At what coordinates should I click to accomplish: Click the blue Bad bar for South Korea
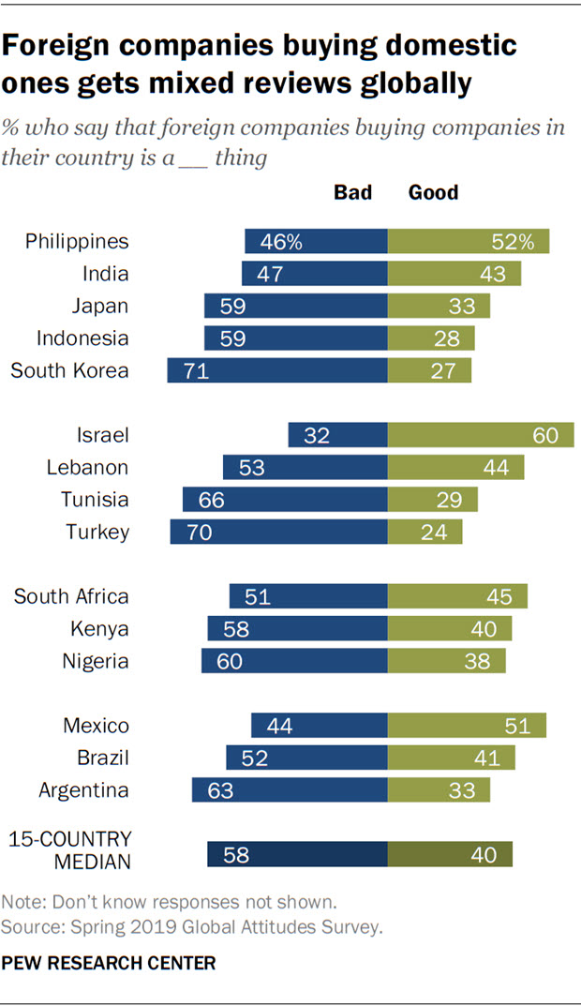click(x=277, y=369)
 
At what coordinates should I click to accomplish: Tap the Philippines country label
click(x=77, y=242)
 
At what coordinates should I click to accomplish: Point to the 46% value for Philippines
click(x=282, y=242)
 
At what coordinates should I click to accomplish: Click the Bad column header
click(x=353, y=192)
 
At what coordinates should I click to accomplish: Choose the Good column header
click(x=434, y=192)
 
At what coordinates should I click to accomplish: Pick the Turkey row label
click(x=97, y=532)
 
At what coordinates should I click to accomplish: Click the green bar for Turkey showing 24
click(x=425, y=532)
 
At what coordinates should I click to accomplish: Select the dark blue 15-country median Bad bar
click(x=297, y=853)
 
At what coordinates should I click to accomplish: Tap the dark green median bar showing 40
click(x=450, y=853)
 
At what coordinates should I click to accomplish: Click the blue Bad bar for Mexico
click(x=319, y=725)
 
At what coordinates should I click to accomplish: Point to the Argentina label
click(x=83, y=789)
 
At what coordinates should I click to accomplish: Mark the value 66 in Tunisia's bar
click(x=212, y=500)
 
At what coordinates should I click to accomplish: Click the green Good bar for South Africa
click(x=457, y=596)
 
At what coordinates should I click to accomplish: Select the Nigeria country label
click(x=96, y=661)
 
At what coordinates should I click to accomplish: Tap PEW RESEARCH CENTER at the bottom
click(x=109, y=962)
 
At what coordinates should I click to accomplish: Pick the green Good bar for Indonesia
click(x=431, y=338)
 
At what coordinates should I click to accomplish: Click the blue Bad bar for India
click(x=314, y=274)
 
